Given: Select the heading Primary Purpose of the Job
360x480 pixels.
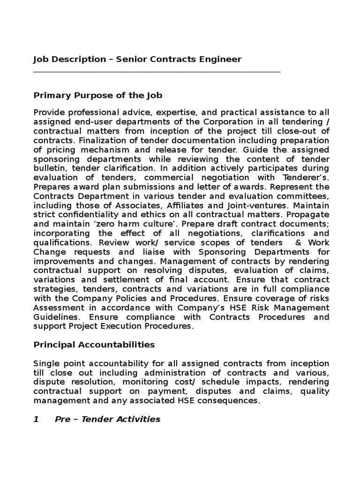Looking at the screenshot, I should point(97,96).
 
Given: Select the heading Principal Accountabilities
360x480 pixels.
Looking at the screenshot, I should point(94,345).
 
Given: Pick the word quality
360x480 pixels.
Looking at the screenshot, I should point(315,391).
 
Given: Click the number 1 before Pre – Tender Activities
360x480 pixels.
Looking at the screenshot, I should point(36,419).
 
